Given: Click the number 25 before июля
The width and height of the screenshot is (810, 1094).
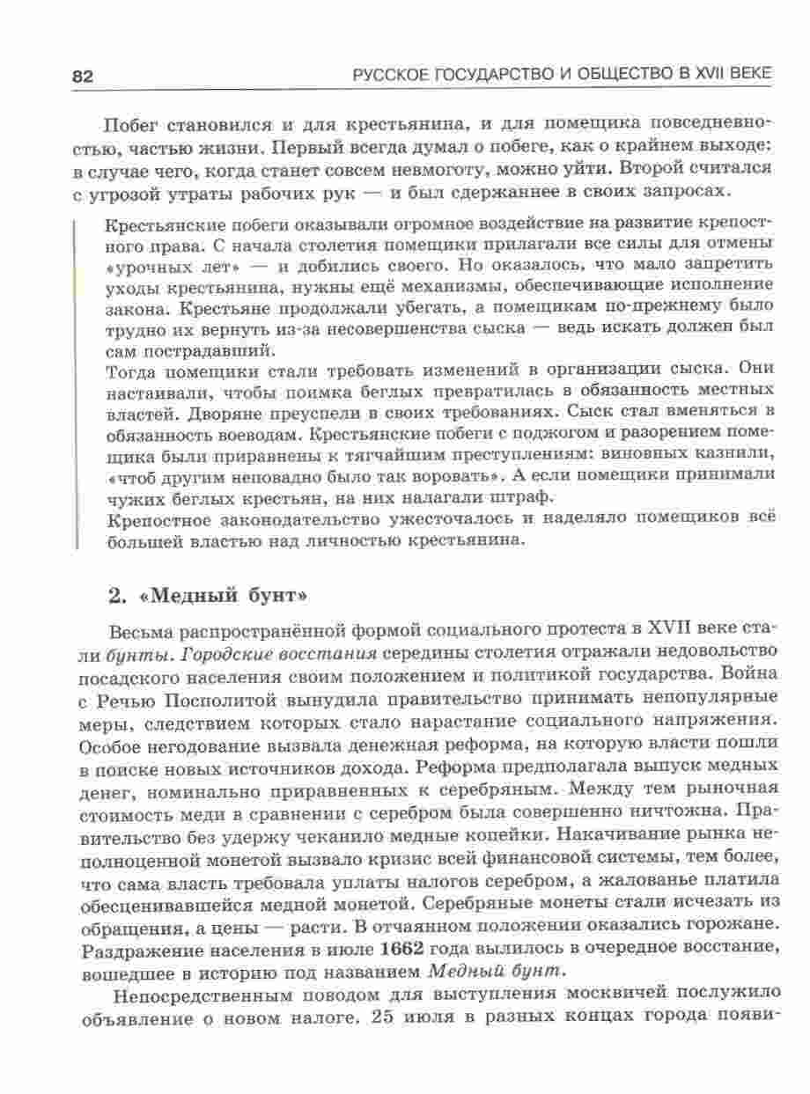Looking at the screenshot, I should coord(391,1017).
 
